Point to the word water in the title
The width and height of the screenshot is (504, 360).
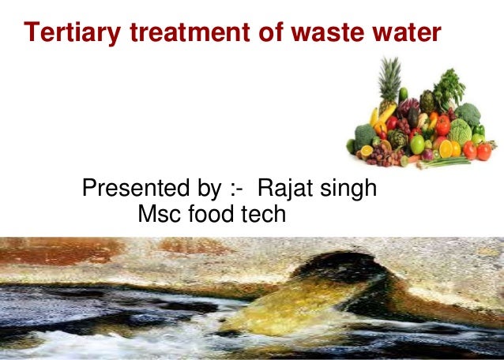[404, 32]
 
